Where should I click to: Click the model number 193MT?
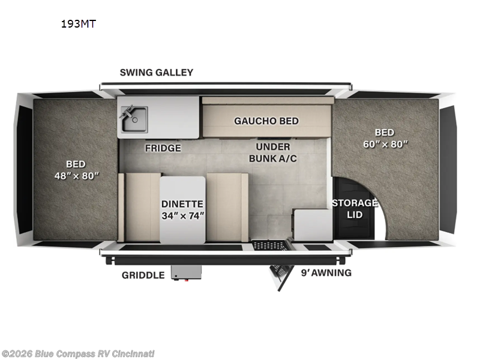(79, 24)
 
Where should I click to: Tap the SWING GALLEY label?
(157, 73)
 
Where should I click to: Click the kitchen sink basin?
(134, 119)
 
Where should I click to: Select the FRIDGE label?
(163, 148)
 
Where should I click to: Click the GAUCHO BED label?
(266, 121)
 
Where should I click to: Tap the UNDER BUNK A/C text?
(273, 152)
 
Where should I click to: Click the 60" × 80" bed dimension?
(385, 144)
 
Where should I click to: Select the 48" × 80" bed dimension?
(77, 176)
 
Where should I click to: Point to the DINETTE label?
(182, 204)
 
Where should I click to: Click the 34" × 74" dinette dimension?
(183, 216)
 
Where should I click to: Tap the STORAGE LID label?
(355, 209)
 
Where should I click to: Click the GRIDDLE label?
(143, 275)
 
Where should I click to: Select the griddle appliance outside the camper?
(186, 272)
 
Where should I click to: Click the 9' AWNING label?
(326, 273)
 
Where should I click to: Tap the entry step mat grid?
(269, 245)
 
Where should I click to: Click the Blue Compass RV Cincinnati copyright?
(78, 354)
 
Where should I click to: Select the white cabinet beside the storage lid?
(313, 224)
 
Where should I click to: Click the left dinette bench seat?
(140, 207)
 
